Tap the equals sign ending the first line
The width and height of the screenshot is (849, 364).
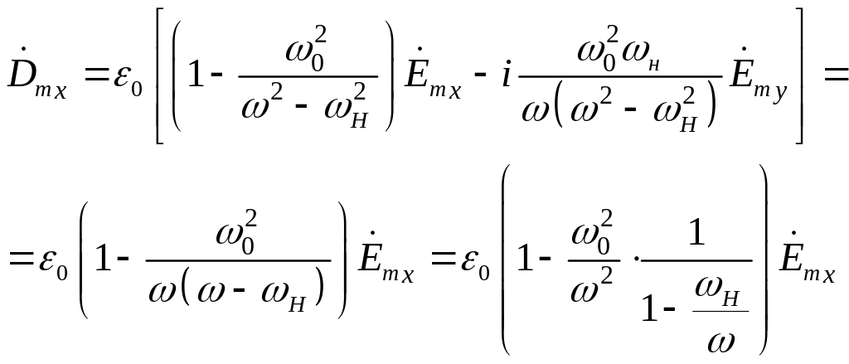click(832, 76)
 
